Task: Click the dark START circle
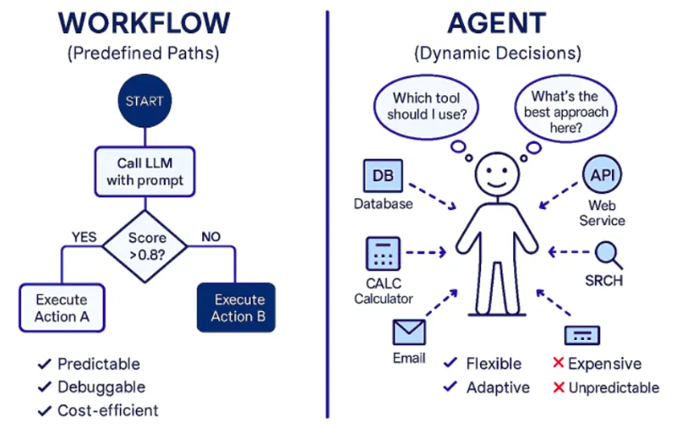(x=144, y=101)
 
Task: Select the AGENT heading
(x=497, y=23)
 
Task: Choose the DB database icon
(x=383, y=176)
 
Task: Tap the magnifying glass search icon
(x=608, y=253)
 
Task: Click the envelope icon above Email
(x=409, y=331)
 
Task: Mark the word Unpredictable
(x=614, y=388)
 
